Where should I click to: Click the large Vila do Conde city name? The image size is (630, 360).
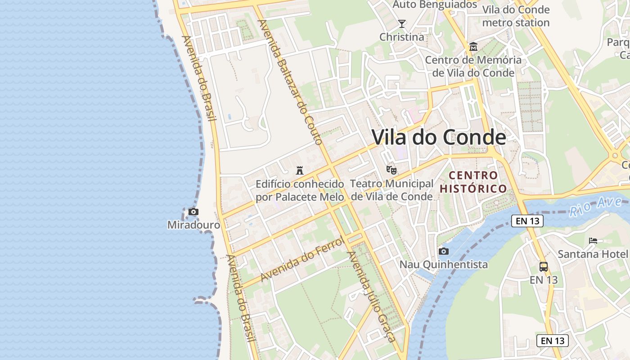439,137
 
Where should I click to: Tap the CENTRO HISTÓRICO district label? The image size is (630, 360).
473,182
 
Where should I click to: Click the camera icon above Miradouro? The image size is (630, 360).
193,211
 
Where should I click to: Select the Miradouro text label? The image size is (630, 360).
193,225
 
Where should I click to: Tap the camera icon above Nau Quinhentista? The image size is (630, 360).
444,251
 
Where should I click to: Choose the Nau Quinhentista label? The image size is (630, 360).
444,264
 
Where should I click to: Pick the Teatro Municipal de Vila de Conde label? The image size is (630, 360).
391,190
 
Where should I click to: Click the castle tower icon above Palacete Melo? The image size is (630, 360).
300,171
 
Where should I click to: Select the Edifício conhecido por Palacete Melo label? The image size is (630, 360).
300,190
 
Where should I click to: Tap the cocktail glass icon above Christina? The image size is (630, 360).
402,24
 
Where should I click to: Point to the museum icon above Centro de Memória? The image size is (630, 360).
473,47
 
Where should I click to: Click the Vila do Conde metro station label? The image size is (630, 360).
516,16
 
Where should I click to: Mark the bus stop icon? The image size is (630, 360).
544,266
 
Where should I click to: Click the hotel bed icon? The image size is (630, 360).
593,241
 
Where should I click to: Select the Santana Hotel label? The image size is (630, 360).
593,254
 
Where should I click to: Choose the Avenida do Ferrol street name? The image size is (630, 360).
302,259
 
